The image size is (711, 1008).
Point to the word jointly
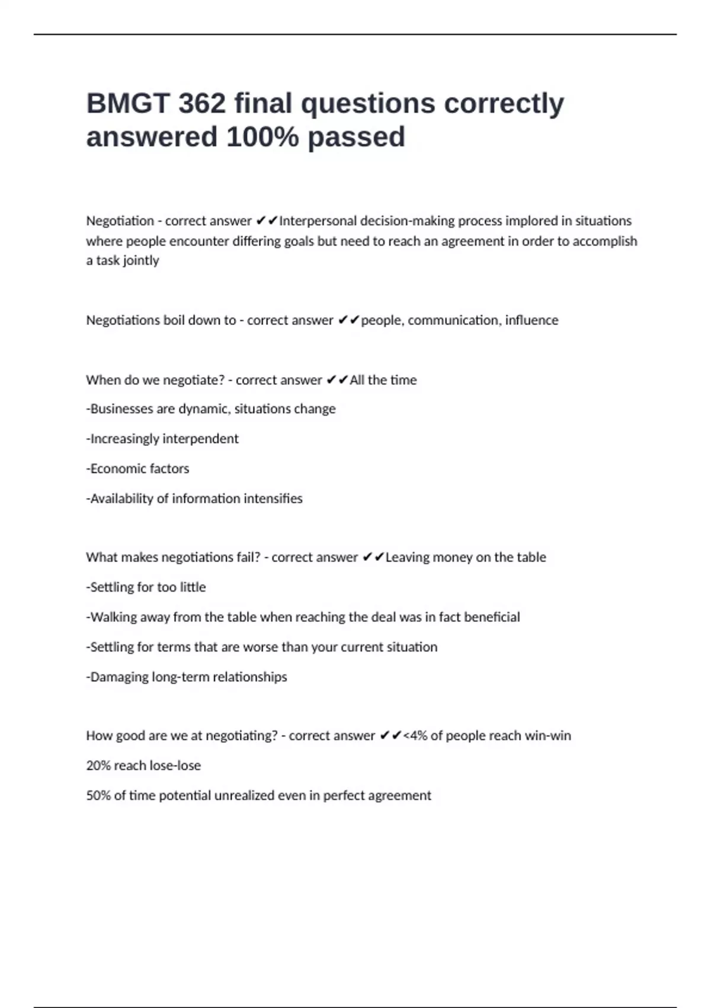click(x=141, y=261)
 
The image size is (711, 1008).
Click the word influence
click(x=531, y=320)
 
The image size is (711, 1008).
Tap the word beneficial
click(x=492, y=617)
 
